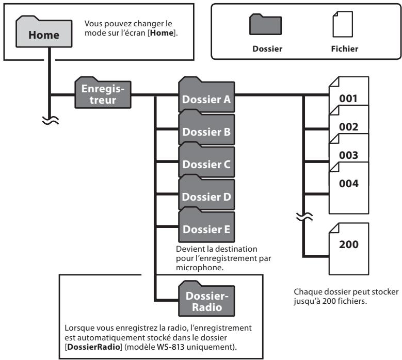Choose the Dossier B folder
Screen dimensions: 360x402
(206, 130)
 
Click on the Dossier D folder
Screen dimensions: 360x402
(206, 196)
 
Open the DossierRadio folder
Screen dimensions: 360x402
(206, 299)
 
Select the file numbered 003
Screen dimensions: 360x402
(348, 153)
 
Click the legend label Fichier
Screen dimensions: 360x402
(343, 51)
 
